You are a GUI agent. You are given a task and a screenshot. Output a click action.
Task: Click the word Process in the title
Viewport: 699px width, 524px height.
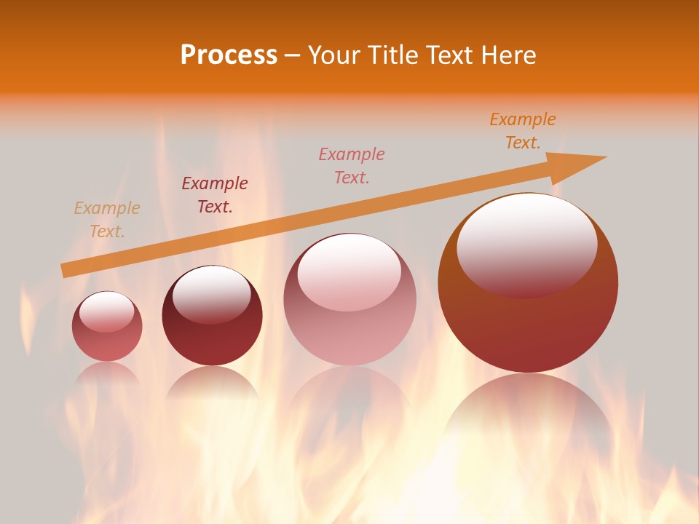click(229, 55)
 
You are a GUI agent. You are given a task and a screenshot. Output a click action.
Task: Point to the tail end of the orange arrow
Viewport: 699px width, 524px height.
click(66, 271)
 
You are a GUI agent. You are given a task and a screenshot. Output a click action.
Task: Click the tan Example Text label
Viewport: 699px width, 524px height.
click(107, 219)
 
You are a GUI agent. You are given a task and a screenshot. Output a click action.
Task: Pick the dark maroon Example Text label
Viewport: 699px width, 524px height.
click(215, 194)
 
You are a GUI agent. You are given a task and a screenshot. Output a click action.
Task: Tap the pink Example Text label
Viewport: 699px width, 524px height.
click(352, 165)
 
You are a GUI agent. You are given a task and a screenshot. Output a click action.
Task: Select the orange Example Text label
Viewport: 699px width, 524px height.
click(523, 130)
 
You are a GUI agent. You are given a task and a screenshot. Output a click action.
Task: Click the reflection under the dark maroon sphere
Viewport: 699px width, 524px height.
click(212, 386)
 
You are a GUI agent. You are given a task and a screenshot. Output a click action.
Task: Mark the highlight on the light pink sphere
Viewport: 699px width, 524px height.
click(349, 271)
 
